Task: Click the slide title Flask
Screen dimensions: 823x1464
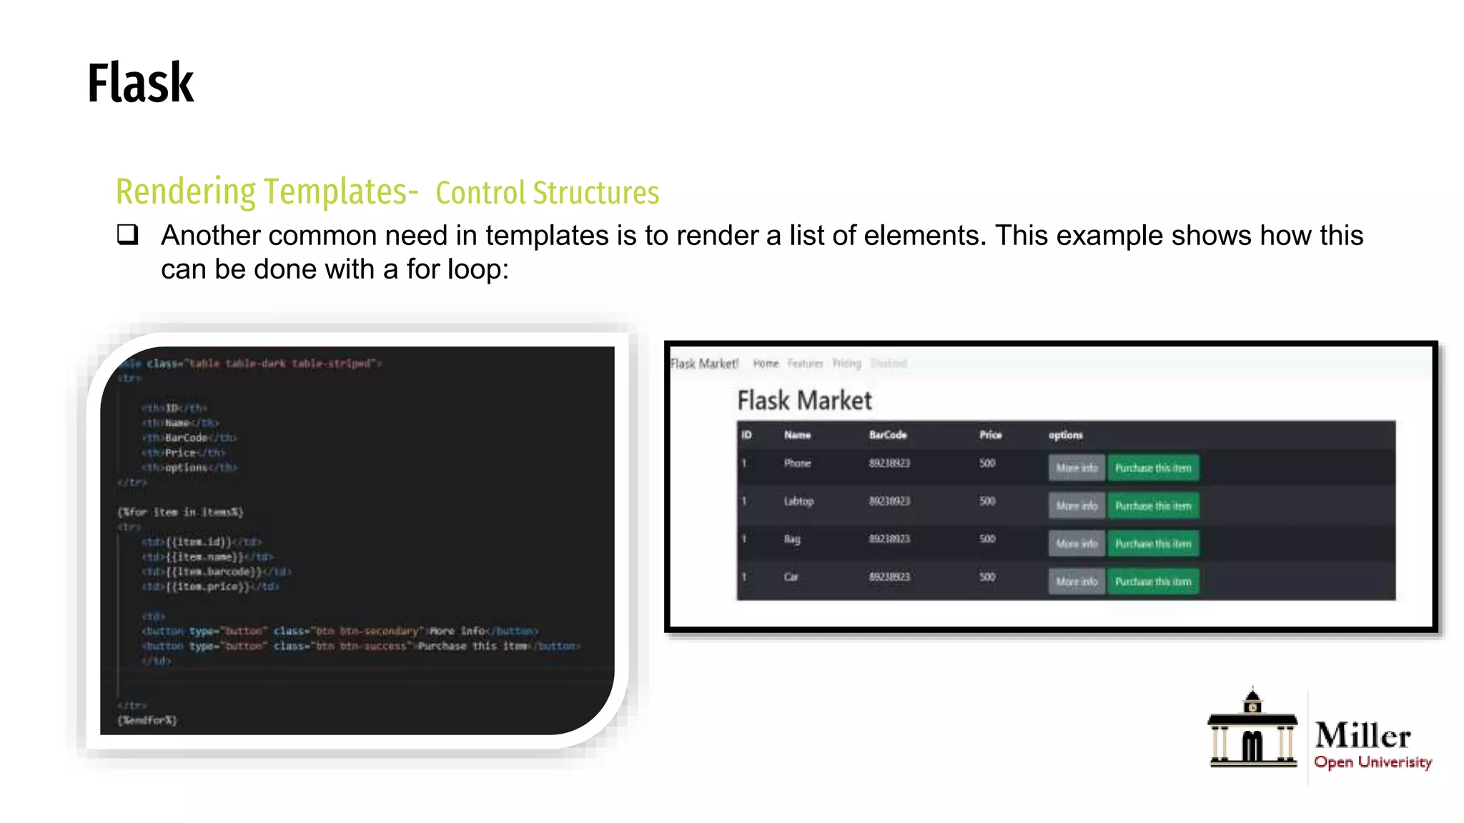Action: point(140,84)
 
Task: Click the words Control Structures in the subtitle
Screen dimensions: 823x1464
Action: point(547,193)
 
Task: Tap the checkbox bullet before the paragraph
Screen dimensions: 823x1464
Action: point(127,234)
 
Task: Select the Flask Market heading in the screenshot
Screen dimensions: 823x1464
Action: point(804,401)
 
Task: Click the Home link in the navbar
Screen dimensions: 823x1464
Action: point(766,364)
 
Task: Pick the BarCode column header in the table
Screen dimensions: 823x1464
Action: point(888,435)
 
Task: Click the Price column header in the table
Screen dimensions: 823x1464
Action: point(990,435)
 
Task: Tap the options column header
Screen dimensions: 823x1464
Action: point(1065,435)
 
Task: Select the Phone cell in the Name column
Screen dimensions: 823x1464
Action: point(797,464)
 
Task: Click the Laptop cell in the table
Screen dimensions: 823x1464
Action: point(798,502)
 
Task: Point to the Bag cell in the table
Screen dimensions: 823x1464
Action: point(792,539)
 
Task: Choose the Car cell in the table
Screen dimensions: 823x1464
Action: point(791,577)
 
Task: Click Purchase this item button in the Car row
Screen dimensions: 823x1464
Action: point(1153,582)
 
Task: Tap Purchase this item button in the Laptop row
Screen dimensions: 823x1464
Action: point(1153,506)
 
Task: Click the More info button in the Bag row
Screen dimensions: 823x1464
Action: point(1077,544)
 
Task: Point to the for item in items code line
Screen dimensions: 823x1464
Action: point(181,512)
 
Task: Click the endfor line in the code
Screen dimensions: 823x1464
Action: point(147,720)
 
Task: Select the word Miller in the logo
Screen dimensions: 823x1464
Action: point(1362,735)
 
